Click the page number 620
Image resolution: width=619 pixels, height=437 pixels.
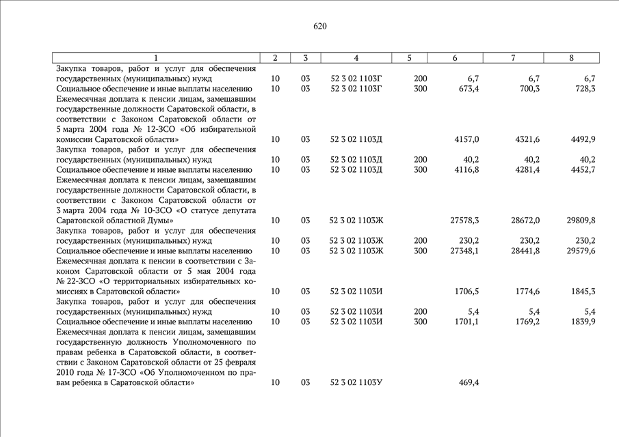click(320, 27)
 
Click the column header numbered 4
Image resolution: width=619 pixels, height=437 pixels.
click(356, 58)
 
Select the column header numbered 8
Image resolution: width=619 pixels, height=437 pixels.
click(571, 58)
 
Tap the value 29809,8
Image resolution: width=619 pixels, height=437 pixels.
click(581, 220)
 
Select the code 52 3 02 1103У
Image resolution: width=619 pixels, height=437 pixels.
click(356, 382)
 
